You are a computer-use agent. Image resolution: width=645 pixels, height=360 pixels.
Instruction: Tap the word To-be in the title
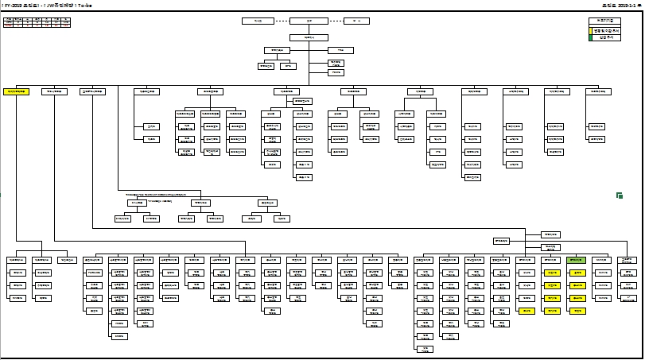click(x=91, y=4)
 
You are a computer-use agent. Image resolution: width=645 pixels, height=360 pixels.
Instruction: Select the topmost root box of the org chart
click(x=298, y=20)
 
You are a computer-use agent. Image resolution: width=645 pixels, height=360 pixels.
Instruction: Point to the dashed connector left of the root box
click(x=277, y=20)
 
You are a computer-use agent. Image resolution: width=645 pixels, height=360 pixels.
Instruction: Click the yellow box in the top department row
click(x=16, y=92)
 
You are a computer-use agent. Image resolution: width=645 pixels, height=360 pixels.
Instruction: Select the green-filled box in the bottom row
click(x=577, y=260)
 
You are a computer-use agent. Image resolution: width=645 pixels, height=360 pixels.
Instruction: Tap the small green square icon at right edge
click(x=619, y=195)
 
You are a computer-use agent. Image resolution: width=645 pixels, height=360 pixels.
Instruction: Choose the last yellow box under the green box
click(x=577, y=311)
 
